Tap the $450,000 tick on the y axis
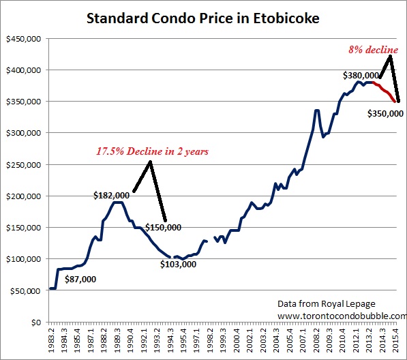pyautogui.click(x=22, y=38)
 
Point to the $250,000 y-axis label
pyautogui.click(x=22, y=164)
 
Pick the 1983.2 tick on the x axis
pyautogui.click(x=53, y=341)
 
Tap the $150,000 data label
pyautogui.click(x=164, y=227)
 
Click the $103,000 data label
pyautogui.click(x=179, y=264)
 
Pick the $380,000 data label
pyautogui.click(x=360, y=76)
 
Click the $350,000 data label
pyautogui.click(x=385, y=114)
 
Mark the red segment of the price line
pyautogui.click(x=387, y=91)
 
